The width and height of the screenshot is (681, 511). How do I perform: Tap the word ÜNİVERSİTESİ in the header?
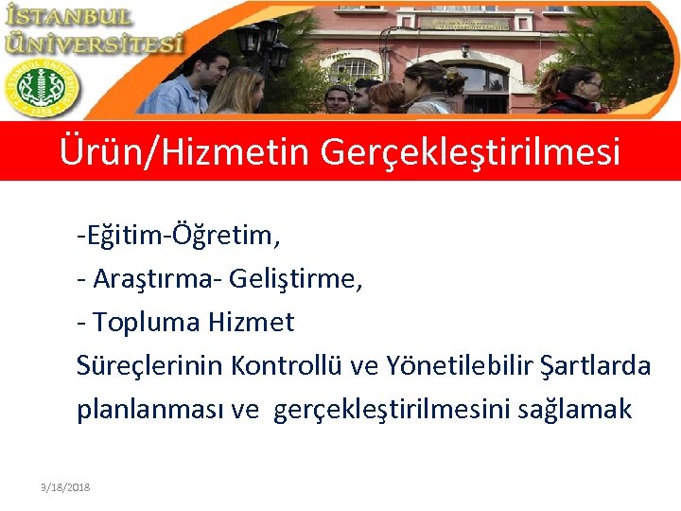[94, 43]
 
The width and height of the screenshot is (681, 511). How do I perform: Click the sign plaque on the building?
[464, 23]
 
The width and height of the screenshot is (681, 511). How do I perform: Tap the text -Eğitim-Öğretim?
[179, 234]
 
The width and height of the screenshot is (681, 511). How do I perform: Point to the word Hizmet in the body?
[251, 323]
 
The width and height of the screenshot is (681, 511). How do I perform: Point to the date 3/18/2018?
[60, 486]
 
